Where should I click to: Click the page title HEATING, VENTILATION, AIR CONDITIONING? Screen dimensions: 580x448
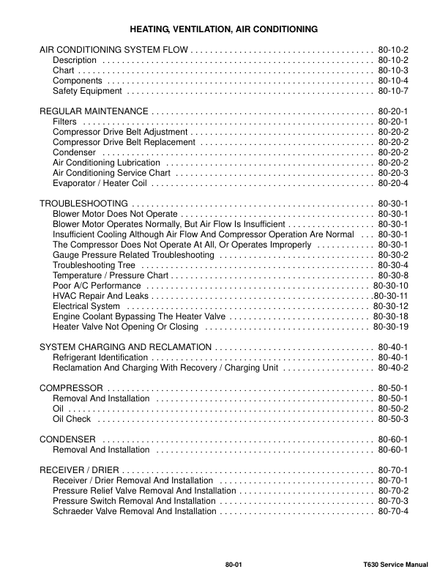(223, 29)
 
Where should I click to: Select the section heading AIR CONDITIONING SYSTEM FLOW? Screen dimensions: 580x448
(113, 49)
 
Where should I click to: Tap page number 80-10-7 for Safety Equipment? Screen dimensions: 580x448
(393, 92)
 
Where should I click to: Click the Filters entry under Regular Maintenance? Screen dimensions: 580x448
(65, 121)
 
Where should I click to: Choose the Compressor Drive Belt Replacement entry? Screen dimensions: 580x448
(124, 142)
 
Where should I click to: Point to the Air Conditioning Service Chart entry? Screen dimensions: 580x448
(111, 173)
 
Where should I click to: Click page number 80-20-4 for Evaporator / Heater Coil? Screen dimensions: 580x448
(393, 183)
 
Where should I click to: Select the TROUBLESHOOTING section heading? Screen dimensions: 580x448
(84, 203)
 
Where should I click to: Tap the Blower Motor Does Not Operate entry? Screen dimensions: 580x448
(116, 213)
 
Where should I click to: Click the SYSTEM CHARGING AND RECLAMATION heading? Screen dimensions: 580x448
(125, 346)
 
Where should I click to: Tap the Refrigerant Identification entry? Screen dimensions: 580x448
(100, 357)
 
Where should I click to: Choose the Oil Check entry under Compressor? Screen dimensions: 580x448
(72, 418)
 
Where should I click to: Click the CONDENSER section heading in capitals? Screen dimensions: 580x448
(69, 439)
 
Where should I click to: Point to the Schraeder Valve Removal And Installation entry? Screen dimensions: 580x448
(134, 510)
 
